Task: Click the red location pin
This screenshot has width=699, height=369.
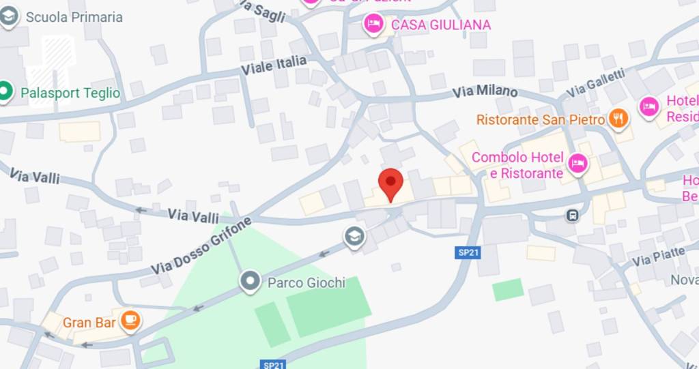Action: tap(391, 182)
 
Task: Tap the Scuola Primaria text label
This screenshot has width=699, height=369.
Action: tap(74, 17)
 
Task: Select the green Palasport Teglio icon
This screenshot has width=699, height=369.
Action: tap(5, 92)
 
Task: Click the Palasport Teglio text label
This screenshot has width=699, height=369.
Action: tap(70, 93)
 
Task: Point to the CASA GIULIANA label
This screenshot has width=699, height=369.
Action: tap(440, 25)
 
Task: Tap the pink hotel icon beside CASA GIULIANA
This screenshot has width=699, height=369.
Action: tap(373, 25)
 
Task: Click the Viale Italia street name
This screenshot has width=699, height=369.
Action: tap(274, 66)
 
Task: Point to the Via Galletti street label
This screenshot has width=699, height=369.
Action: tap(595, 83)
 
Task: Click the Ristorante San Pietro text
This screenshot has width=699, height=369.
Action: tap(541, 120)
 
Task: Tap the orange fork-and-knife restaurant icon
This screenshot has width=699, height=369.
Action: tap(618, 119)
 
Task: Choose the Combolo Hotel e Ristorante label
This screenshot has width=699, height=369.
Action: tap(517, 165)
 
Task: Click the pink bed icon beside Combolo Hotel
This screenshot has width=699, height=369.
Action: tap(577, 164)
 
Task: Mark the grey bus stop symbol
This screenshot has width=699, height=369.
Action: tap(572, 216)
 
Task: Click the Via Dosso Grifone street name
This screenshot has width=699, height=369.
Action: tap(201, 246)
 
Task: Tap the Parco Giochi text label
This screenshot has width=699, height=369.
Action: tap(306, 282)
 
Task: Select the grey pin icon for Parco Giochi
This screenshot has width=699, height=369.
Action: tap(251, 280)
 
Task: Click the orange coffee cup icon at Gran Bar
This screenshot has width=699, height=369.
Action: tap(131, 319)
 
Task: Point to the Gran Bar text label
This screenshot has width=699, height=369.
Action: tap(89, 323)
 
